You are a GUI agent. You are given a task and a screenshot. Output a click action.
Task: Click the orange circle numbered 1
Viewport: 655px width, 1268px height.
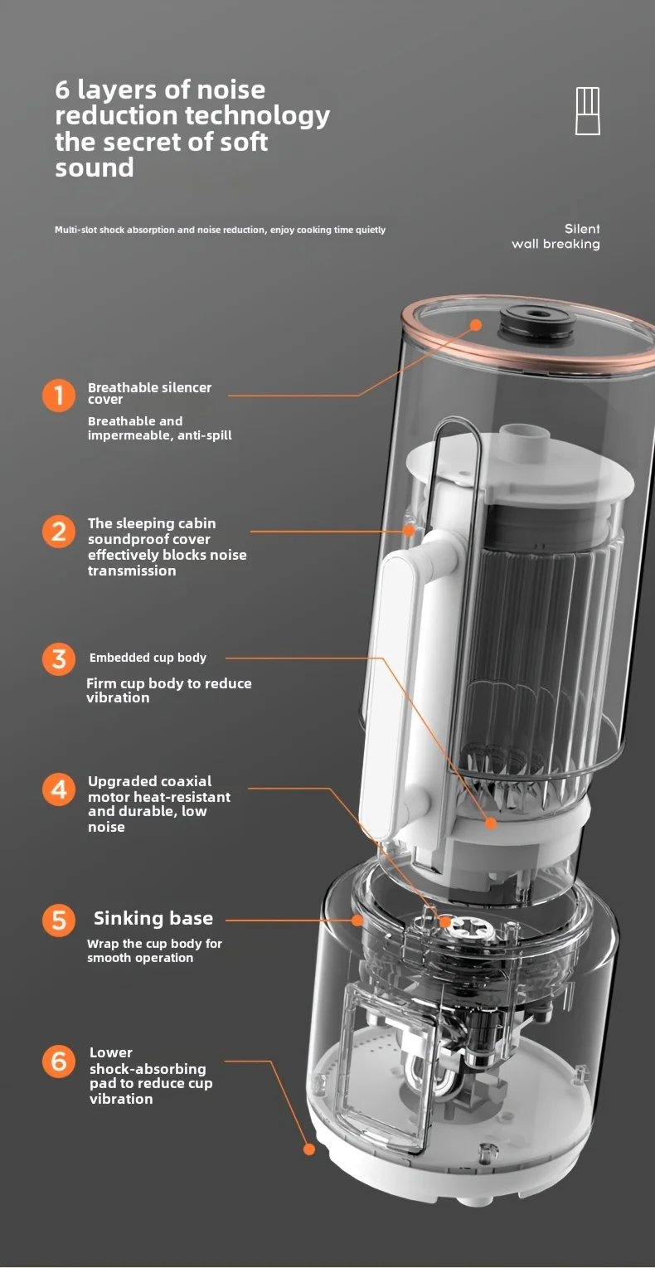coord(58,395)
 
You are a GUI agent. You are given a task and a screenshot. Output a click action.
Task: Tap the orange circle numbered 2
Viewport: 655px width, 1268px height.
coord(58,531)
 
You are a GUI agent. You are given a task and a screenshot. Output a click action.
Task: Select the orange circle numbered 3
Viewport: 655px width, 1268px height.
coord(58,658)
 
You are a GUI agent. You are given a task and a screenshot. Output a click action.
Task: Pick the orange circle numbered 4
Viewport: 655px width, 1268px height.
coord(58,789)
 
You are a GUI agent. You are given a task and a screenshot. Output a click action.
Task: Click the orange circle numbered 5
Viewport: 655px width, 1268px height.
coord(58,920)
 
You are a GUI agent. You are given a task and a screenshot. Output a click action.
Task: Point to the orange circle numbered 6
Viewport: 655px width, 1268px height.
coord(58,1061)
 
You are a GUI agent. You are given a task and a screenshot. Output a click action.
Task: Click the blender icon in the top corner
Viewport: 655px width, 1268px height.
coord(587,110)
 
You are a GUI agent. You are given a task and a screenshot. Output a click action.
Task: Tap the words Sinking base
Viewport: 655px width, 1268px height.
coord(153,919)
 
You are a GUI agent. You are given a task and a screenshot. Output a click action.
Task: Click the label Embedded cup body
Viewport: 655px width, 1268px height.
coord(148,658)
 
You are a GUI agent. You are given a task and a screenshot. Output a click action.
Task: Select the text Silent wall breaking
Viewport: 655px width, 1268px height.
coord(556,236)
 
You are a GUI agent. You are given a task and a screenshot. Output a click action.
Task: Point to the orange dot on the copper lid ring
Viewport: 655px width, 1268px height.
coord(476,324)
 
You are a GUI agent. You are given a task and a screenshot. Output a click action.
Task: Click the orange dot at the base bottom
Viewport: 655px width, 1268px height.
coord(309,1149)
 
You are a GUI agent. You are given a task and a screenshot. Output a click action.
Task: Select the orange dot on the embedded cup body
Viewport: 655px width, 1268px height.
coord(491,823)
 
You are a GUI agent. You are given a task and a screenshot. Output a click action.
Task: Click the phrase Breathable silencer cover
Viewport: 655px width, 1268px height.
coord(149,393)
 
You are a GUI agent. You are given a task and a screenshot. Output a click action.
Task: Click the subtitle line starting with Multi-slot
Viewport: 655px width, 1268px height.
coord(220,230)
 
